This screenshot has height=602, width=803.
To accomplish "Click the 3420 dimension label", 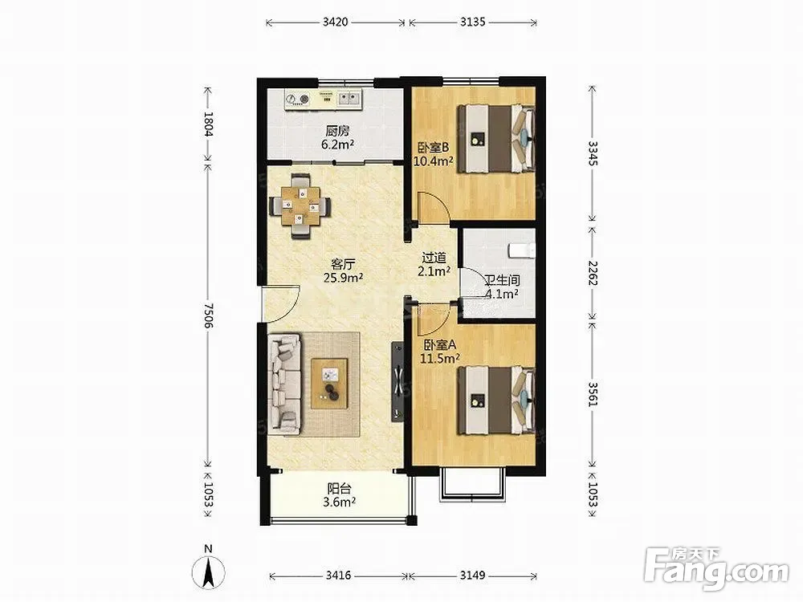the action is point(336,22).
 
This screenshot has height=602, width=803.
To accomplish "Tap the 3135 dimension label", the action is point(472,22).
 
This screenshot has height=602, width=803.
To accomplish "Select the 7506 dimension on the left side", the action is point(208,315).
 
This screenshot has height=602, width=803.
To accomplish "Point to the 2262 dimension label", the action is point(593,274).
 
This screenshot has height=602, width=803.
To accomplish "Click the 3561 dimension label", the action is point(593,394).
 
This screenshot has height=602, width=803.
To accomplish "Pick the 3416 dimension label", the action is point(338,576).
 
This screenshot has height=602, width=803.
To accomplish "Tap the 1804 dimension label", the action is point(208,124).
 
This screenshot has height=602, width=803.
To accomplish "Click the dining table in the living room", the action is point(300,205).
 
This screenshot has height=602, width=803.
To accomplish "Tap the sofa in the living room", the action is point(284,384).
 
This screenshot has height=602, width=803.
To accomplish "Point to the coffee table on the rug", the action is point(329,383).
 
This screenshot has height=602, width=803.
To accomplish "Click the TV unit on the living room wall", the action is point(398,382).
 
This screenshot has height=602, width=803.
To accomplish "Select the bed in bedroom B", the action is point(495,139).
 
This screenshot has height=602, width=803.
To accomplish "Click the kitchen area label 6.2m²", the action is point(338,144).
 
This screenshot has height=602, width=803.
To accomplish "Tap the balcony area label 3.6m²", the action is point(340,502).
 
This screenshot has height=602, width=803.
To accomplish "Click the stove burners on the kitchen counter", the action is point(298,99).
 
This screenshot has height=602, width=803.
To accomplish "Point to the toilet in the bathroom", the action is point(522,250).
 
